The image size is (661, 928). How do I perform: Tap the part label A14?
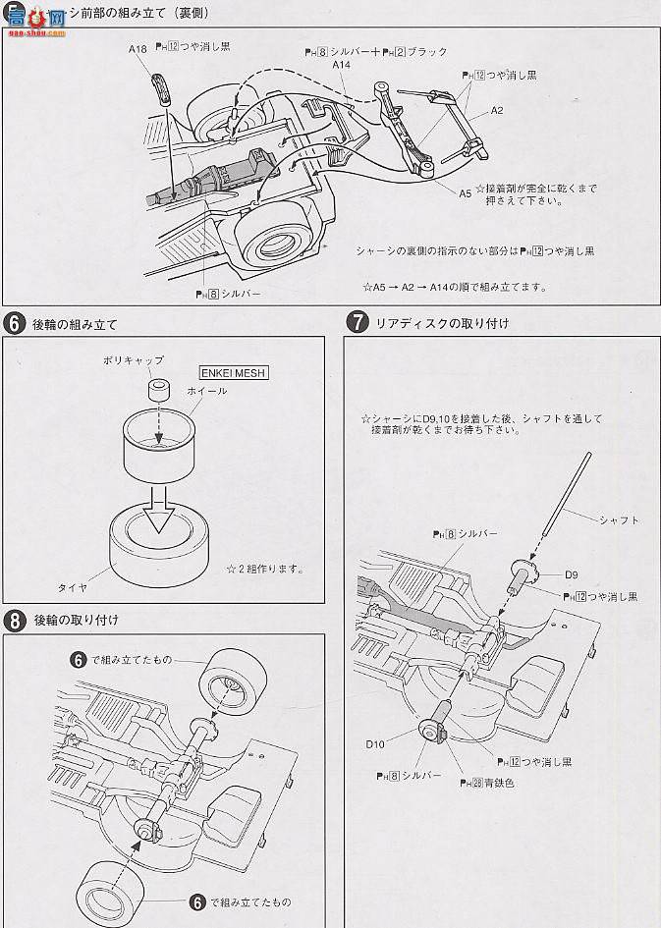(x=341, y=65)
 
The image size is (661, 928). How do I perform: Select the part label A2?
(x=496, y=110)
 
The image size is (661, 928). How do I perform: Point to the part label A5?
(x=465, y=193)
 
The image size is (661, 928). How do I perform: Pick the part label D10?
(x=375, y=743)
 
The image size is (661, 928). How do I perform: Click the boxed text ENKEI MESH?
(x=234, y=373)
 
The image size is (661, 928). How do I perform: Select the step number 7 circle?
(x=358, y=322)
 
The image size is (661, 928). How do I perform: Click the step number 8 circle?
(x=15, y=621)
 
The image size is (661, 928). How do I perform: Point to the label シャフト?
(x=619, y=520)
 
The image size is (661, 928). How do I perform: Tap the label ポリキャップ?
(x=134, y=360)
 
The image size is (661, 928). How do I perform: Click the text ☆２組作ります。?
(x=264, y=569)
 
